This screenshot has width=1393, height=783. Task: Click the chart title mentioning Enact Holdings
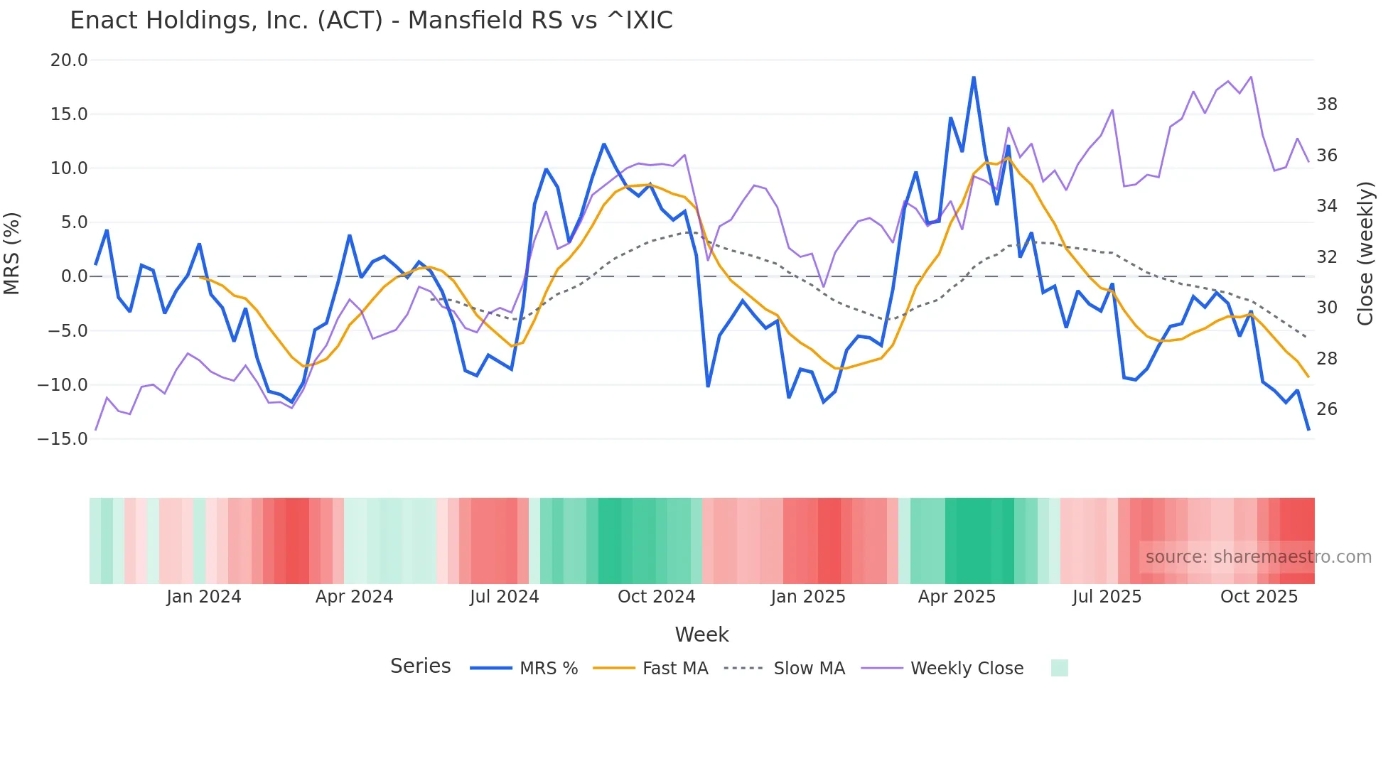(371, 21)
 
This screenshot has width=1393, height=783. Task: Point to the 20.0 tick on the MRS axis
(69, 60)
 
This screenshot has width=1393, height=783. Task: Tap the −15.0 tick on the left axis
(63, 439)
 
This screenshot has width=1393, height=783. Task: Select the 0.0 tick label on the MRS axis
(74, 276)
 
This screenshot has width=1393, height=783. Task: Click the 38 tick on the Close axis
(1326, 104)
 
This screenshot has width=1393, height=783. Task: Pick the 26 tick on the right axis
(1326, 409)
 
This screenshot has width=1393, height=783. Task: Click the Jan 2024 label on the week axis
(204, 597)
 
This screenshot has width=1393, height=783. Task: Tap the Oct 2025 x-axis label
(1259, 597)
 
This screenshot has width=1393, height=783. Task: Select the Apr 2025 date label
(957, 597)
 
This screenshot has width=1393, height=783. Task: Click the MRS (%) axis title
(12, 254)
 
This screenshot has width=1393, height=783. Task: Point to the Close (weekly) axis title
(1365, 254)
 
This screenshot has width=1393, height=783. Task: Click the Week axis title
(701, 634)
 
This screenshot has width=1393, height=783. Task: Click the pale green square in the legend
(1059, 668)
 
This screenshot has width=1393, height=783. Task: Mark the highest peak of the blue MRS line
(974, 77)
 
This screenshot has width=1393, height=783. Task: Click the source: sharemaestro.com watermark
(1258, 557)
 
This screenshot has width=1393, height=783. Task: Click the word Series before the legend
(420, 666)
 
